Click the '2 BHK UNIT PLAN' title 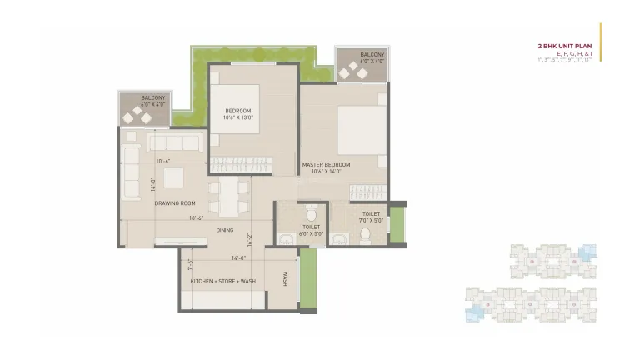[565, 47]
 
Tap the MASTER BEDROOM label [324, 167]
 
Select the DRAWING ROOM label [175, 202]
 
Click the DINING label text [225, 230]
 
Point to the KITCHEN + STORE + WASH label [222, 281]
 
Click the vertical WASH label [284, 279]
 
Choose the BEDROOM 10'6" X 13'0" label [238, 114]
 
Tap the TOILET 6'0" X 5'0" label [312, 230]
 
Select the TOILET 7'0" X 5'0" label [371, 217]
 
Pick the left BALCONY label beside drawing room [153, 101]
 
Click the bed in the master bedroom [361, 129]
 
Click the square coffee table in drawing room [174, 177]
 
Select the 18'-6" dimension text [196, 218]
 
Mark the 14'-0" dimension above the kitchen [239, 257]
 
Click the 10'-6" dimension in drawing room [163, 161]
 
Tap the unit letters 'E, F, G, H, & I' [574, 53]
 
